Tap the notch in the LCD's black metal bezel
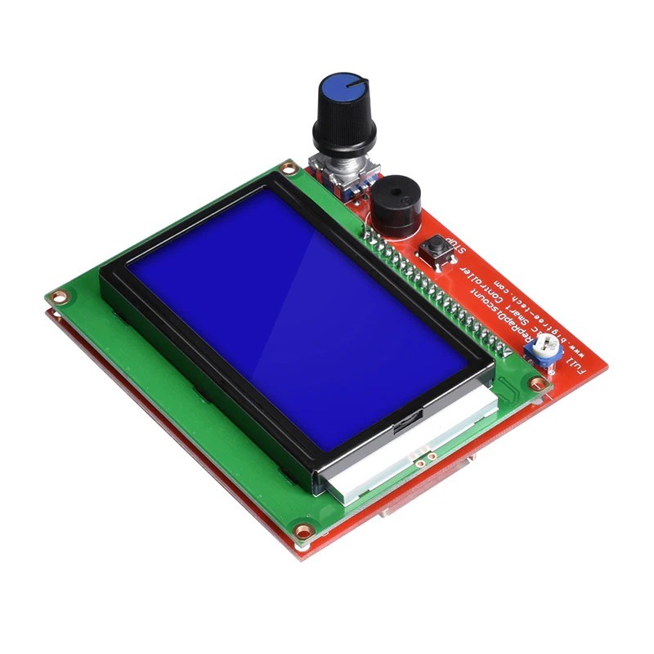pyautogui.click(x=405, y=424)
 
